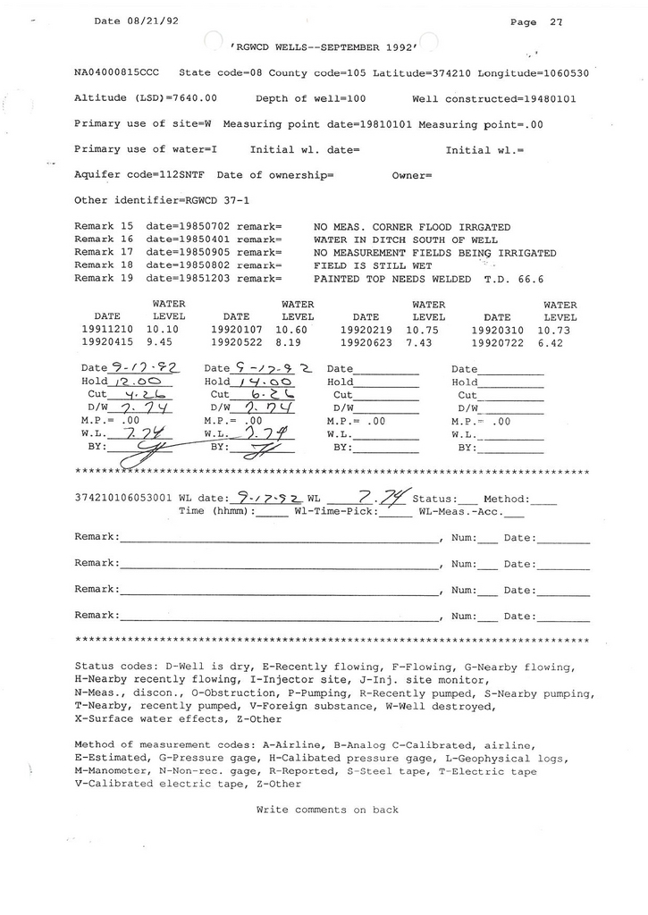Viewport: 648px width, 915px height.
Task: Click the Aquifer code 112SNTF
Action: [x=175, y=175]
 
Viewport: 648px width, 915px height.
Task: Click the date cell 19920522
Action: [x=236, y=341]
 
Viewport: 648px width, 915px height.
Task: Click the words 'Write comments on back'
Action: [x=326, y=810]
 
